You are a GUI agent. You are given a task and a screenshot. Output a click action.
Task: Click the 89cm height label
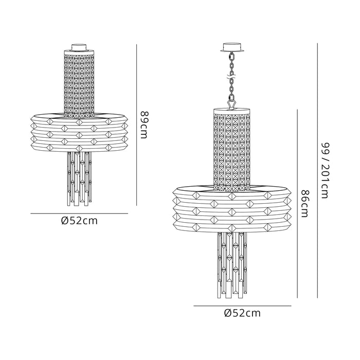[144, 125]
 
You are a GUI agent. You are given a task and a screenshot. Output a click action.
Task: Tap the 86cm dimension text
[305, 204]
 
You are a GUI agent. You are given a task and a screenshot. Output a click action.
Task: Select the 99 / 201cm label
[325, 171]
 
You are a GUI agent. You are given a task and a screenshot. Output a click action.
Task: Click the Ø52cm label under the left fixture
[79, 221]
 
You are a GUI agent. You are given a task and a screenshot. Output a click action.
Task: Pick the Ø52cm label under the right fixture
[242, 313]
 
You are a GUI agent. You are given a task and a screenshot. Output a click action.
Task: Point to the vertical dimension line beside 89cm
[137, 124]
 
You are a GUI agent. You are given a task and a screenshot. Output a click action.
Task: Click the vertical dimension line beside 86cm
[297, 204]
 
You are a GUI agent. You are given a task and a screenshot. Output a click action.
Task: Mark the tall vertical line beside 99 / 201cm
[317, 171]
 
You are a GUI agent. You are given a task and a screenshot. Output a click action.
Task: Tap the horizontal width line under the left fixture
[79, 213]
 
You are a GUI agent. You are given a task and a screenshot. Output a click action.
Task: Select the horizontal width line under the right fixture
[242, 305]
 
